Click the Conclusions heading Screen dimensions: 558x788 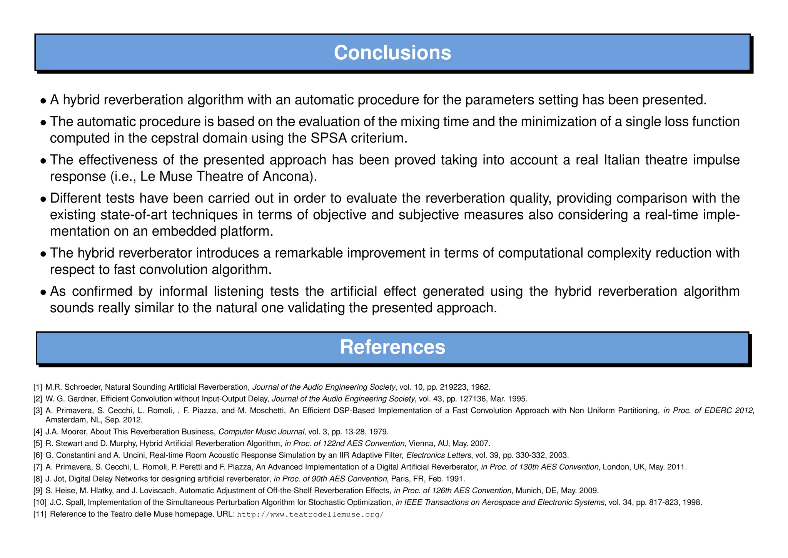pyautogui.click(x=392, y=53)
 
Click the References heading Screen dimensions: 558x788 pyautogui.click(x=392, y=347)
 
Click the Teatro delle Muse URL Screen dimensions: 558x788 pyautogui.click(x=311, y=514)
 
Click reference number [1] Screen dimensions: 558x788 pyautogui.click(x=38, y=387)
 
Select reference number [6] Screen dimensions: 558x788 pyautogui.click(x=38, y=455)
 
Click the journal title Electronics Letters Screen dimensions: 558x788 pyautogui.click(x=439, y=455)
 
